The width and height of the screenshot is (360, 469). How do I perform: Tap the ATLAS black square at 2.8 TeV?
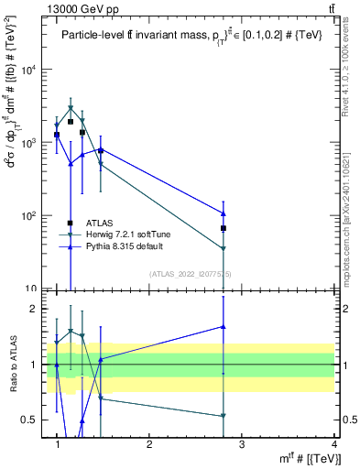224,228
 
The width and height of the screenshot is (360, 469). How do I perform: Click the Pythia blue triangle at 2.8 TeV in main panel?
224,213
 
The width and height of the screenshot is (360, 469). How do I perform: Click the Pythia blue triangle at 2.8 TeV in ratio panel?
224,326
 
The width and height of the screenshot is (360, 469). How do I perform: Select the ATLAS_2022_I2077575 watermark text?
191,273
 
